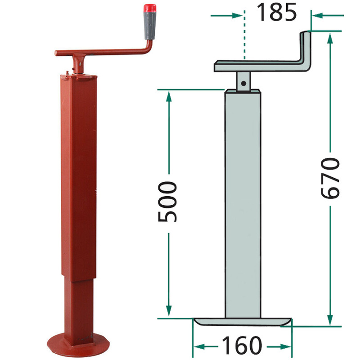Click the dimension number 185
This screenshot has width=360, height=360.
point(277,13)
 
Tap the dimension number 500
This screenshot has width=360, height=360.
point(167,202)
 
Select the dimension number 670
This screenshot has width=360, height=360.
point(330,178)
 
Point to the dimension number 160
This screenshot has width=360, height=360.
point(242,345)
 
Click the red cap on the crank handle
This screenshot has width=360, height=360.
point(150,8)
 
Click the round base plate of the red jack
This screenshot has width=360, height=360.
point(78,345)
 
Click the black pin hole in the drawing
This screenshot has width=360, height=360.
point(243,83)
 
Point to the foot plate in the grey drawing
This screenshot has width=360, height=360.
point(243,321)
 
